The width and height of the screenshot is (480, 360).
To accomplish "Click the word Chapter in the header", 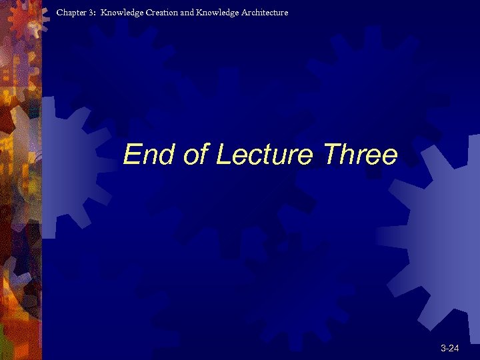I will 72,13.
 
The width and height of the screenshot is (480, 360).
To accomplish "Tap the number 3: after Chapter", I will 93,13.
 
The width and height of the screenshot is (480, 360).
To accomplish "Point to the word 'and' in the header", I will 187,13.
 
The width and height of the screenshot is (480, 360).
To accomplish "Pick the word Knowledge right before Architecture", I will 217,13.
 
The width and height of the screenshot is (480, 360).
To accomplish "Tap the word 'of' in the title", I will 196,155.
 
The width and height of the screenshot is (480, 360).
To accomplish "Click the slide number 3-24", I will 450,348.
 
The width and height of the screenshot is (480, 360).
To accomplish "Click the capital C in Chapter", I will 60,13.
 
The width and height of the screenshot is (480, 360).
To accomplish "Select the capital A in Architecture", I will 245,13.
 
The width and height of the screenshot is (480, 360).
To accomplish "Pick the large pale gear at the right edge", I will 440,227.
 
